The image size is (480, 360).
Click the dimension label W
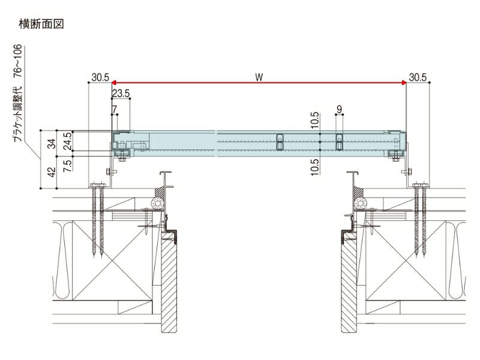pyautogui.click(x=259, y=77)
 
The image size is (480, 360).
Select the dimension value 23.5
pyautogui.click(x=121, y=93)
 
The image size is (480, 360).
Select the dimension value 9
pyautogui.click(x=340, y=109)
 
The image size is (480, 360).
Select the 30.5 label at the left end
pyautogui.click(x=100, y=77)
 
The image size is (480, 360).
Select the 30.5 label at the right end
pyautogui.click(x=418, y=77)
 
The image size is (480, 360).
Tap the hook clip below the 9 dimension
pyautogui.click(x=340, y=141)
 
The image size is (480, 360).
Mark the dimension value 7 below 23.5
pyautogui.click(x=114, y=109)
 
